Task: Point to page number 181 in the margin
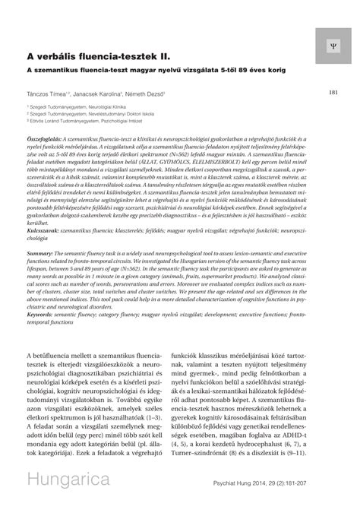[333, 93]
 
